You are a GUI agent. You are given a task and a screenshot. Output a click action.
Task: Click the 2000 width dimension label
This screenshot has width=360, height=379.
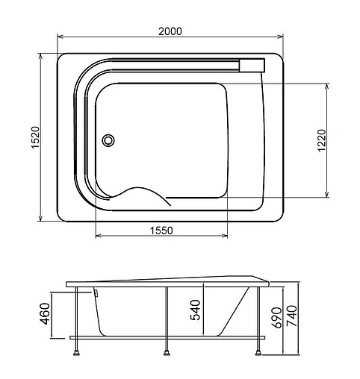(x=170, y=31)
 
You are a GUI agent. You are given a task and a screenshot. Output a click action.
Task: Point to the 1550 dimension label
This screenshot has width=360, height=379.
(x=161, y=231)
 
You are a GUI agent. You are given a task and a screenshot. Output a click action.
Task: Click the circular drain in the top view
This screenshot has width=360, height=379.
(x=108, y=139)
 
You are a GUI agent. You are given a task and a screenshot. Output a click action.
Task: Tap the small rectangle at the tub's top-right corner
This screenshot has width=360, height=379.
(x=252, y=64)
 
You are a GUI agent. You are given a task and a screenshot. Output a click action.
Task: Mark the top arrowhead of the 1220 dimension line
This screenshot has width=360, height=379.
(x=326, y=84)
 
